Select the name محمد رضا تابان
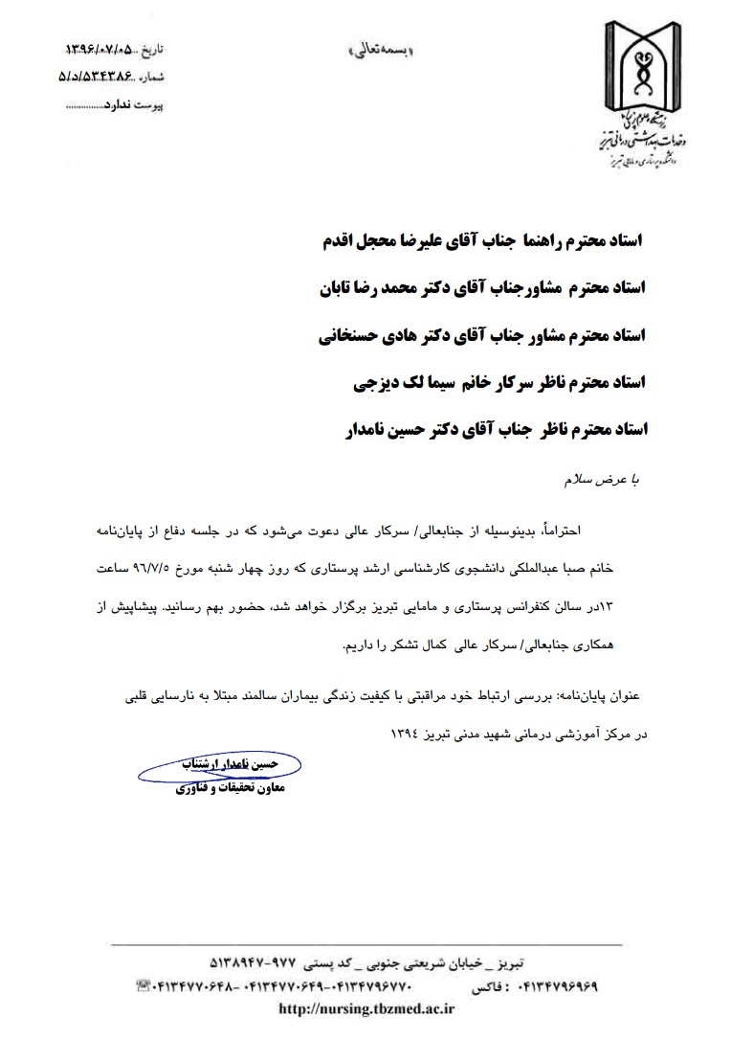point(366,289)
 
